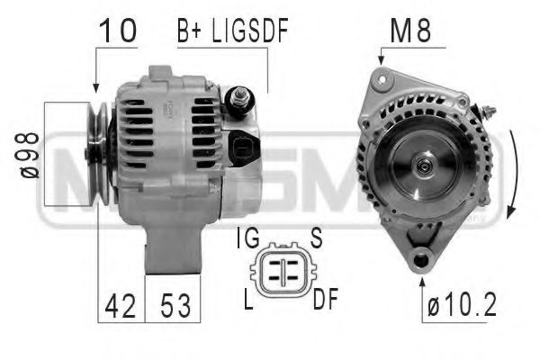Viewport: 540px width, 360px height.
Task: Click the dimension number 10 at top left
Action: tap(118, 31)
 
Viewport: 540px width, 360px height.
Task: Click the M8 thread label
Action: tap(409, 31)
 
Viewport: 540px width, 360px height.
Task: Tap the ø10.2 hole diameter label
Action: tap(462, 307)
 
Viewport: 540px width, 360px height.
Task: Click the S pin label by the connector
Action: tap(317, 239)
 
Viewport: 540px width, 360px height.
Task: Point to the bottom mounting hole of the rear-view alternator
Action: tap(420, 259)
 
